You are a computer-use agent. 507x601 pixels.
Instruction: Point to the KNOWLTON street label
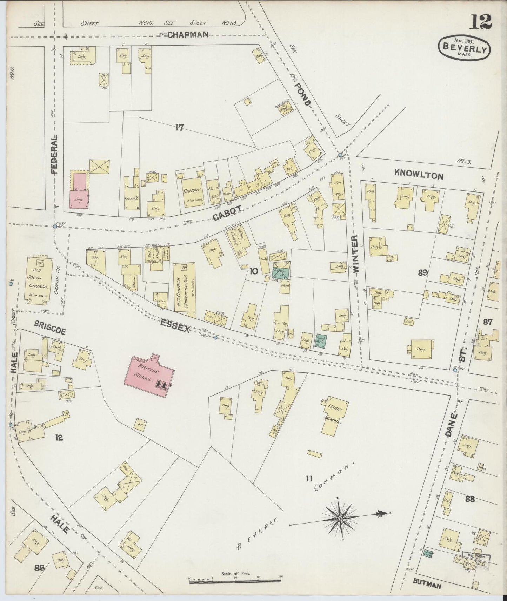(419, 174)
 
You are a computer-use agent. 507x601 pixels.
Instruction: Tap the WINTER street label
(355, 254)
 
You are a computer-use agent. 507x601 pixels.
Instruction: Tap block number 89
(422, 272)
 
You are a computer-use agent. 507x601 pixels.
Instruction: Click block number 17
(179, 128)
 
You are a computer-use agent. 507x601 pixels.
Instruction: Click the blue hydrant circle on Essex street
(215, 337)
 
